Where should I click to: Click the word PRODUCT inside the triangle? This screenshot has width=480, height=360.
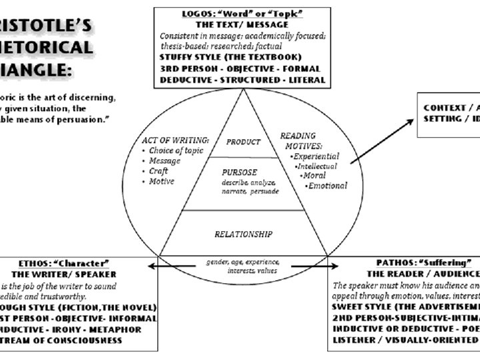pyautogui.click(x=243, y=142)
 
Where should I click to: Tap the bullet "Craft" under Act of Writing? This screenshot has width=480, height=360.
pyautogui.click(x=160, y=171)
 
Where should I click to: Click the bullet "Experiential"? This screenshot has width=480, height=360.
pyautogui.click(x=316, y=156)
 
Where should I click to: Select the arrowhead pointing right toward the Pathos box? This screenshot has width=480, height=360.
pyautogui.click(x=327, y=266)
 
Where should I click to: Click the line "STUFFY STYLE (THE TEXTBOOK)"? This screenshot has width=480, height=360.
pyautogui.click(x=231, y=57)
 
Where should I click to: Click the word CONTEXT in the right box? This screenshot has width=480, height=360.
pyautogui.click(x=445, y=108)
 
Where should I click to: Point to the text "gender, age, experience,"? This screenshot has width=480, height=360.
pyautogui.click(x=242, y=261)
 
